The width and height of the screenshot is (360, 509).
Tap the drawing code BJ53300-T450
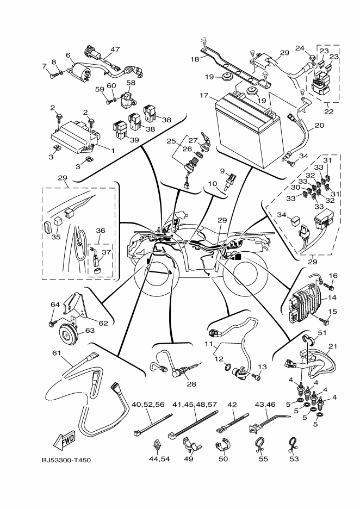point(66,461)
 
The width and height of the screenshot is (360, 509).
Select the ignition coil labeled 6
point(80,71)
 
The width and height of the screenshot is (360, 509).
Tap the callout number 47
point(114,49)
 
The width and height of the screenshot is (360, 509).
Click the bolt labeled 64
point(52,324)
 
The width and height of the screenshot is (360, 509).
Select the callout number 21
point(332,346)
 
